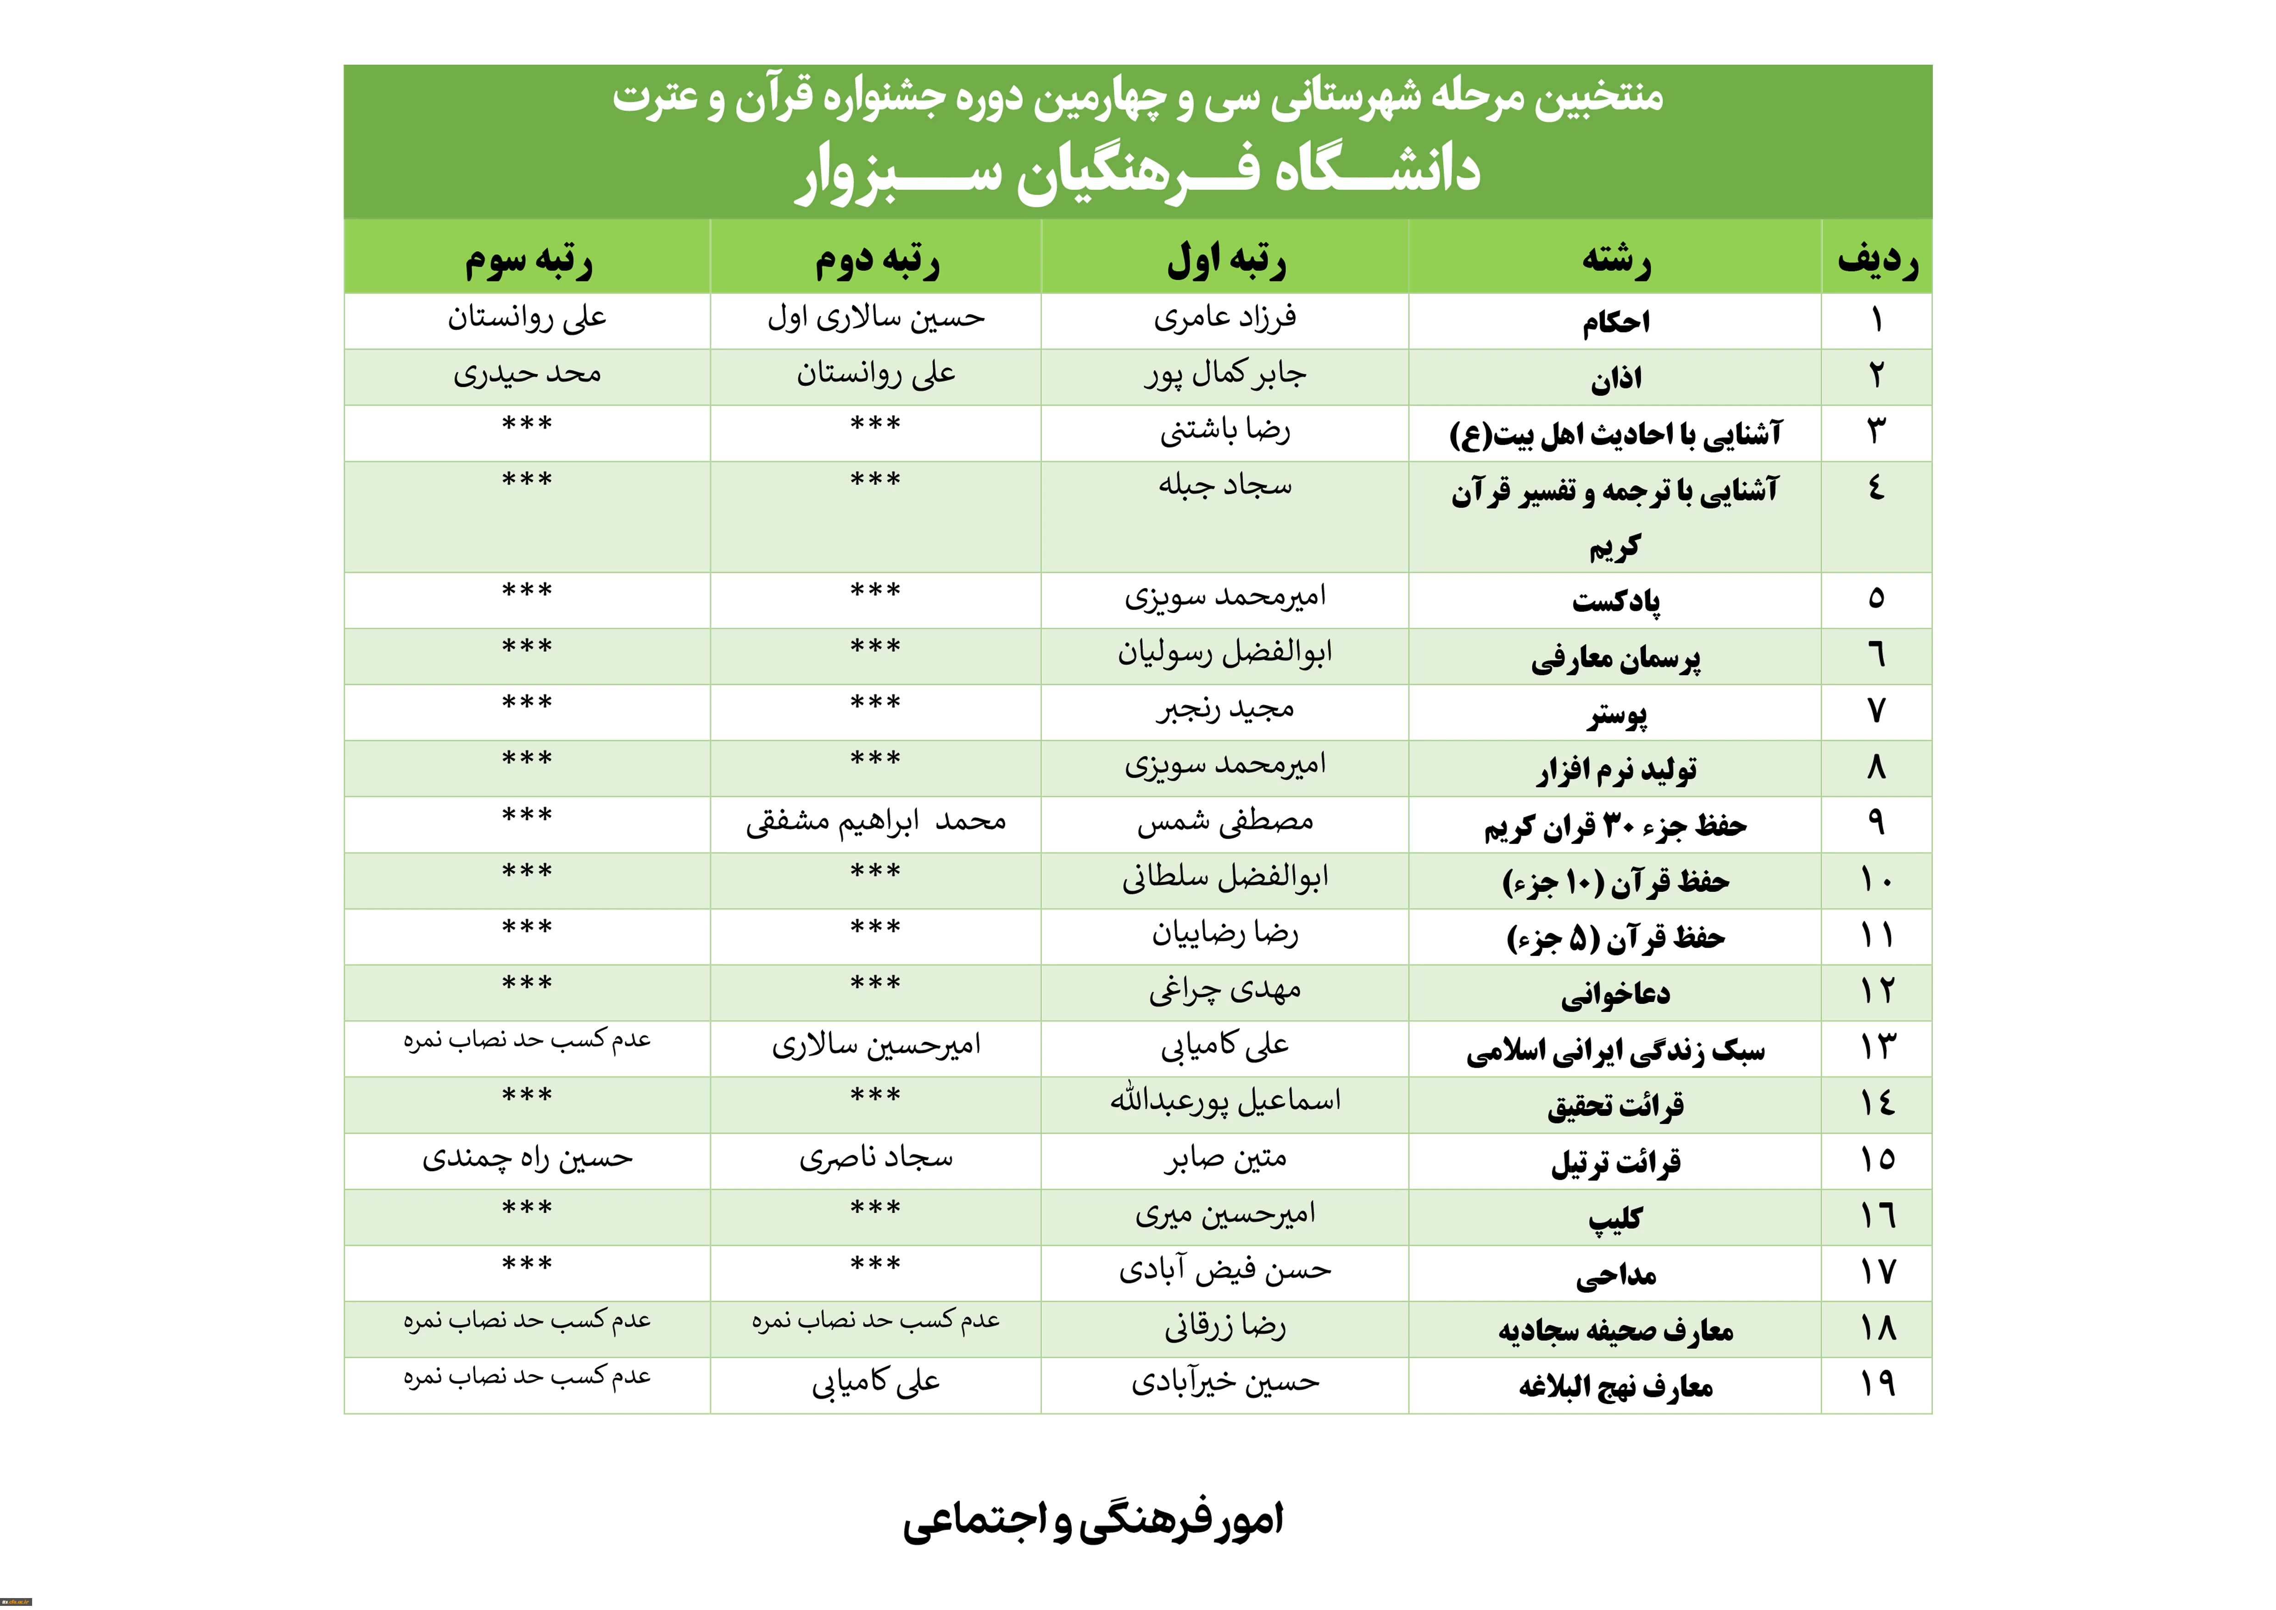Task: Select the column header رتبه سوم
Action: pyautogui.click(x=529, y=260)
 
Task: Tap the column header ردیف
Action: pyautogui.click(x=1876, y=260)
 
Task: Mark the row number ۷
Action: pyautogui.click(x=1876, y=711)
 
